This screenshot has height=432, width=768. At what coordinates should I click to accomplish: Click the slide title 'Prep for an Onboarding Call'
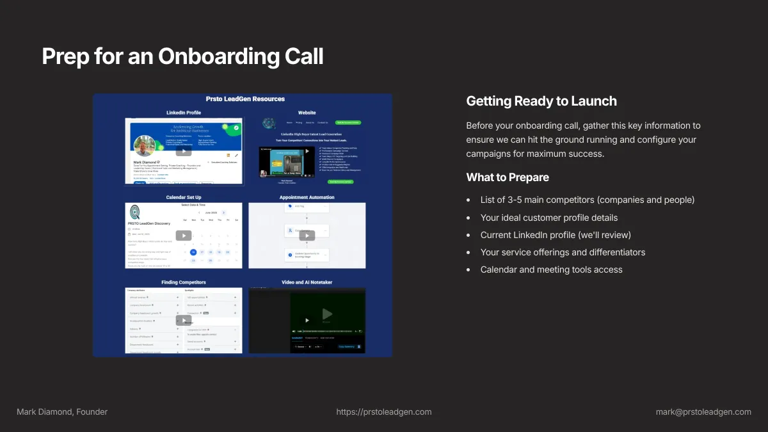[x=182, y=56]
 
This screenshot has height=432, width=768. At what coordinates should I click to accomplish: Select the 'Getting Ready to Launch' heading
[x=541, y=101]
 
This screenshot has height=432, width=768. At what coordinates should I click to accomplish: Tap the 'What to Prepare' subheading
[x=508, y=177]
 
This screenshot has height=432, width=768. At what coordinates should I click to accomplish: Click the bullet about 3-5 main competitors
[x=587, y=200]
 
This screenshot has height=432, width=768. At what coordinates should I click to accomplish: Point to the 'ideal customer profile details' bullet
[x=548, y=218]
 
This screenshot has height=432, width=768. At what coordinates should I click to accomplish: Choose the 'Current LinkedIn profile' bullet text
[x=556, y=235]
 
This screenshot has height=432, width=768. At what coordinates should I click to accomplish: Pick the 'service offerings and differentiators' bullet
[x=563, y=252]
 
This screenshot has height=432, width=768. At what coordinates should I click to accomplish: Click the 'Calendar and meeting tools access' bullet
[x=551, y=269]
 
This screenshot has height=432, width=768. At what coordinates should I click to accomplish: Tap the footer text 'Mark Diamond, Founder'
[x=62, y=412]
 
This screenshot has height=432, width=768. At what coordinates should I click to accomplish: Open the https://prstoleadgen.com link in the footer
[x=384, y=412]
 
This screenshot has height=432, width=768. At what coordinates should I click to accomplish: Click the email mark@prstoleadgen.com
[x=703, y=412]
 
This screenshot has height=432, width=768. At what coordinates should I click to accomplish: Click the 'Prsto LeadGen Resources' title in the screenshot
[x=245, y=99]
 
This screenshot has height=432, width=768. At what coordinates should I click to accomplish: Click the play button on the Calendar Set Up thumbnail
[x=184, y=235]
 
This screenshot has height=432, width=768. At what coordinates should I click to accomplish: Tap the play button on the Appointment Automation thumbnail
[x=307, y=236]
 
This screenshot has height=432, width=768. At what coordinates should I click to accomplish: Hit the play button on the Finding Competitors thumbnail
[x=184, y=320]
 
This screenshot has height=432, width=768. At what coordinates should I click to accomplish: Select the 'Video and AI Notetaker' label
[x=307, y=282]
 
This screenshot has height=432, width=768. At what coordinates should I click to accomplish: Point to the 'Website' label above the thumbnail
[x=307, y=113]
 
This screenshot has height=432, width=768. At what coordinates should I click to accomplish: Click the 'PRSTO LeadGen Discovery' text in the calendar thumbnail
[x=149, y=223]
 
